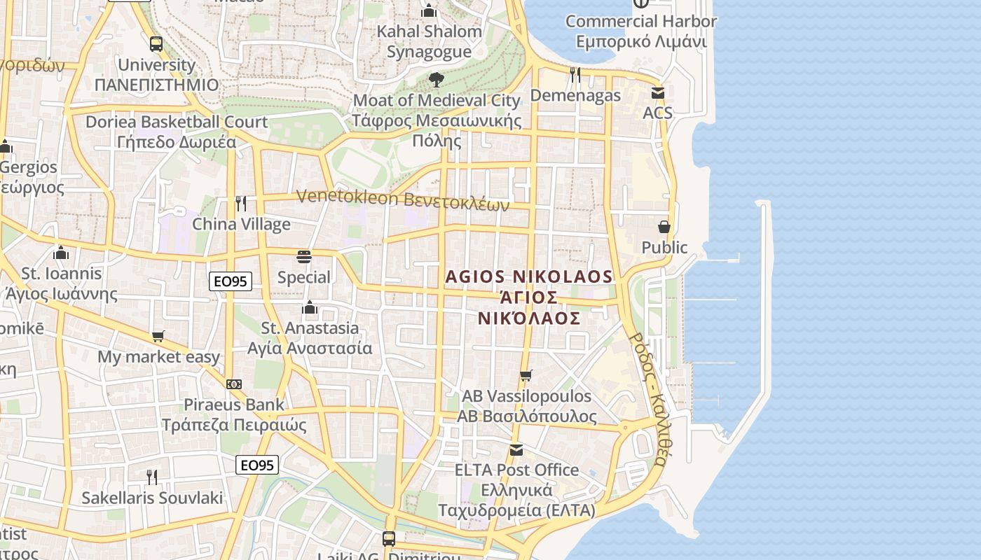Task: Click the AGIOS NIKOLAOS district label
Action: [529, 297]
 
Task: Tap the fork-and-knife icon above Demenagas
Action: [575, 74]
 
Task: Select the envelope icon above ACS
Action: [657, 92]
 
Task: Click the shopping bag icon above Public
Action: [664, 227]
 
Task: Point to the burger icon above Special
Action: [303, 257]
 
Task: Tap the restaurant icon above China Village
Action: [241, 204]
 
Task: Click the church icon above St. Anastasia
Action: [310, 307]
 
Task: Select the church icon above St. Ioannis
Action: [61, 253]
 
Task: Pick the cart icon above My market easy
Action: [158, 337]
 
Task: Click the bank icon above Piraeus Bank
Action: [234, 384]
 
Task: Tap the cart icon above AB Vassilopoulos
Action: [526, 376]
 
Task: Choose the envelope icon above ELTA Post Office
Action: [516, 449]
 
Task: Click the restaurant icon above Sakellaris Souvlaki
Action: [152, 477]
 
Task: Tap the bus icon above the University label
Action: [156, 44]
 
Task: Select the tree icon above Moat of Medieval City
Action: [437, 80]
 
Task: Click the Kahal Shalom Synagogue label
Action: [430, 41]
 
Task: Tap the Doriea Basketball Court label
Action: [177, 132]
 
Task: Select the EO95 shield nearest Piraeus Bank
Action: [258, 465]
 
